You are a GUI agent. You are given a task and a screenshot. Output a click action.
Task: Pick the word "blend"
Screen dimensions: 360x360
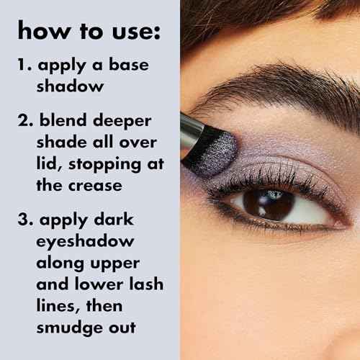[62, 120]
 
